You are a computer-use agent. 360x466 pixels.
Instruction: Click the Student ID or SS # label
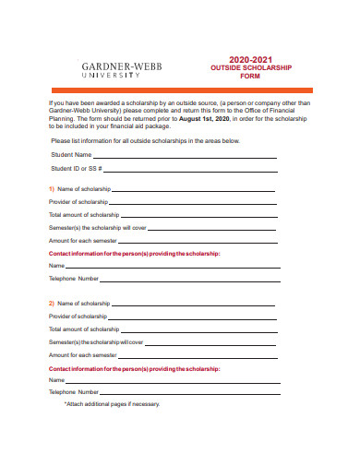tap(77, 169)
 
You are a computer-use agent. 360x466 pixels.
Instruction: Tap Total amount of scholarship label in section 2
tap(84, 329)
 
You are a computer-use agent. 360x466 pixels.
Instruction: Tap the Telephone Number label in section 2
tap(73, 391)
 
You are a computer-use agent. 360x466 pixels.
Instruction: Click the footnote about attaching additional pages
tap(112, 404)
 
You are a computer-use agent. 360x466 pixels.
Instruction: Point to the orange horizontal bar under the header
tap(180, 89)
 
